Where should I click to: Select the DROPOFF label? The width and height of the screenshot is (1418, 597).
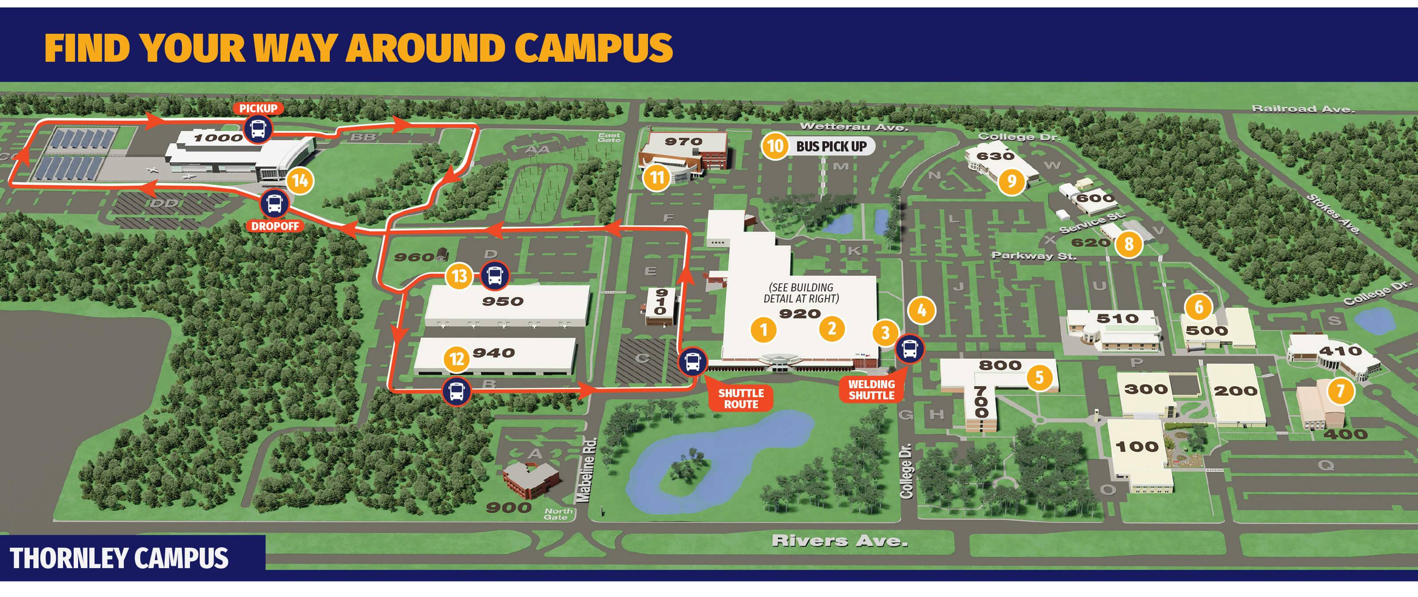275,226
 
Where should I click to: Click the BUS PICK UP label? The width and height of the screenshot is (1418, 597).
831,147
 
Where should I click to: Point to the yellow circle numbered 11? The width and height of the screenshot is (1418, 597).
657,177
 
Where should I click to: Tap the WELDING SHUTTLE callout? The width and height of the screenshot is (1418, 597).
871,390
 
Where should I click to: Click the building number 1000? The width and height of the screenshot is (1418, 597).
218,138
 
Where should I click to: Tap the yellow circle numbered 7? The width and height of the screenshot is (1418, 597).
1340,391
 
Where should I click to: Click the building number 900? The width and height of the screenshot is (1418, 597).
509,507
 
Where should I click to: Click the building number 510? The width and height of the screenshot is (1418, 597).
1117,318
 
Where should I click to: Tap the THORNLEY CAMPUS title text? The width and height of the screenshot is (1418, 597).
119,558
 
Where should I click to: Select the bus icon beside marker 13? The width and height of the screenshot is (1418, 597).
494,275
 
